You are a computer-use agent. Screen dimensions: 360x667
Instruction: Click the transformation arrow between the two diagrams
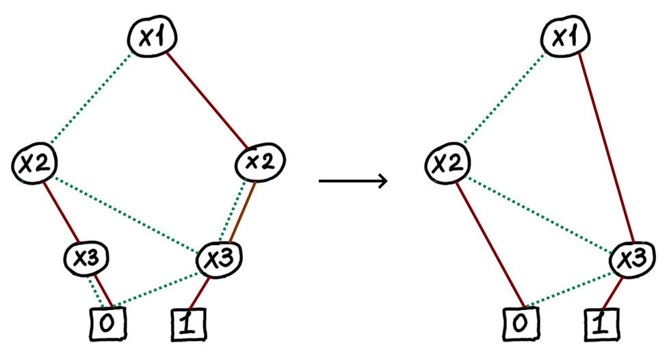(x=353, y=181)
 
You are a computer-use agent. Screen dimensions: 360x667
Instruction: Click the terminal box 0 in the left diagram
(x=108, y=324)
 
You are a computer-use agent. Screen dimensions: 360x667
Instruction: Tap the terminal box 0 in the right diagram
(x=522, y=324)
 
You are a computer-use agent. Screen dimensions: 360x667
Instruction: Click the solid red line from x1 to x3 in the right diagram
(x=602, y=151)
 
